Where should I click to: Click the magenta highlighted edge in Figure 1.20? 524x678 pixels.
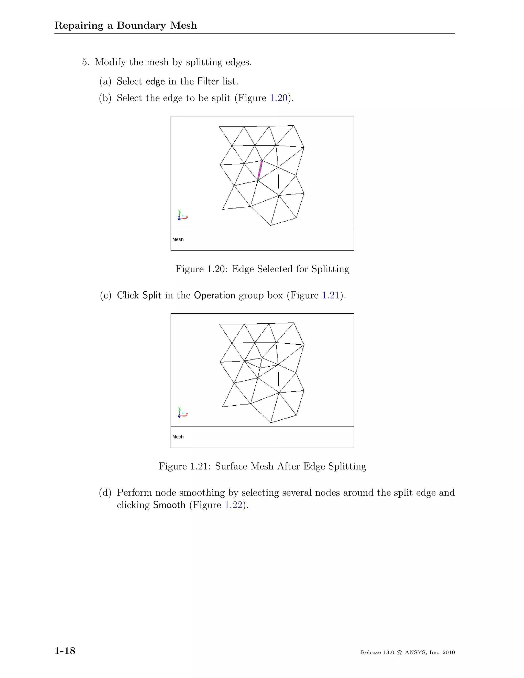(260, 170)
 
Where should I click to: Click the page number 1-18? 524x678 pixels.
(65, 651)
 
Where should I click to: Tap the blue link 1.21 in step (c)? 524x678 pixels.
(331, 295)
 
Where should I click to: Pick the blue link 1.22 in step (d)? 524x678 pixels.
(233, 505)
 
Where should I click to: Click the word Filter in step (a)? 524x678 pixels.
(208, 82)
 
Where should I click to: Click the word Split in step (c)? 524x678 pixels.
(152, 295)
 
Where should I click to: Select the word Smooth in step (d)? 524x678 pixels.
(169, 505)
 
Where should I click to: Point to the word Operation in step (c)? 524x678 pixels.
(214, 295)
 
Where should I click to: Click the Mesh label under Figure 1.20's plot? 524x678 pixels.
(178, 240)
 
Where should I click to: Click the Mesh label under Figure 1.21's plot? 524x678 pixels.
(178, 437)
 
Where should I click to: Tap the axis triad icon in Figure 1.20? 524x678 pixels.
(182, 215)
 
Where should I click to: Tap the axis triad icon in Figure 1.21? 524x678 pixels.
(182, 413)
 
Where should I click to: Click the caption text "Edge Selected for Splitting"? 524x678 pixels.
(291, 269)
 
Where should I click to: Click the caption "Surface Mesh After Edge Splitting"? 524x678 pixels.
(291, 466)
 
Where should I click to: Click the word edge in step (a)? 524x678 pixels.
(155, 82)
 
